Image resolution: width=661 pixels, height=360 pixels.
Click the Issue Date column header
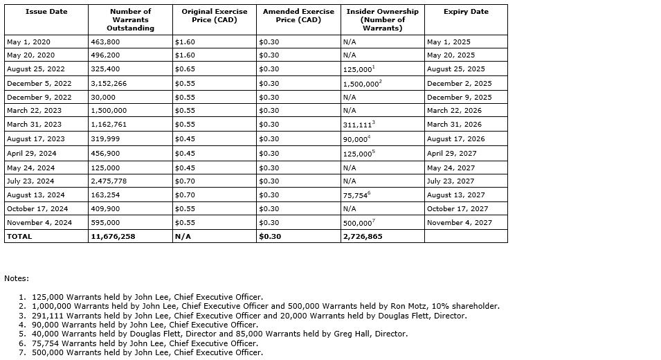coord(46,12)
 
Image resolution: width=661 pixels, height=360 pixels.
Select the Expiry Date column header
coord(466,12)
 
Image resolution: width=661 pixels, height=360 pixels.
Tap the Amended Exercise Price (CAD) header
coord(298,16)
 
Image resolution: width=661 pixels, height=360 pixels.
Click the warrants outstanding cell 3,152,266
coord(109,83)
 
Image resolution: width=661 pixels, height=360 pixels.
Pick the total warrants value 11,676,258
coord(113,237)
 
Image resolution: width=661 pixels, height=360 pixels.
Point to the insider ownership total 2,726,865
coord(362,237)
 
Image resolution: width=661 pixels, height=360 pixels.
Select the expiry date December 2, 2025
coord(459,83)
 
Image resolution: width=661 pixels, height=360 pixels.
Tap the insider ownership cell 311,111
coord(357,125)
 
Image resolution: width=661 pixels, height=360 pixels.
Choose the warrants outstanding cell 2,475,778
coord(109,181)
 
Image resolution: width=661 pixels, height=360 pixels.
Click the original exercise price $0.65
coord(184,69)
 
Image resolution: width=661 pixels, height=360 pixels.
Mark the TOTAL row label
coord(19,237)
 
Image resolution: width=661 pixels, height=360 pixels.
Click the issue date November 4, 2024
coord(37,223)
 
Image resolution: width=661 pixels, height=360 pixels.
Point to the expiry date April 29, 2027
coord(451,154)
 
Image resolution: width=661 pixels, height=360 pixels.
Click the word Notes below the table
coord(17,278)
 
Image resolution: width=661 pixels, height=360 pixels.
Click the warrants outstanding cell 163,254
coord(105,195)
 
